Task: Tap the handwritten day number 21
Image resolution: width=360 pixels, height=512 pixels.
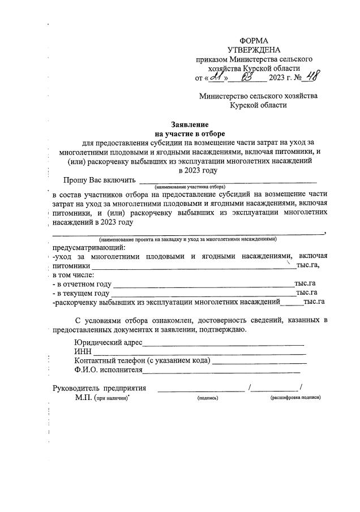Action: (216, 78)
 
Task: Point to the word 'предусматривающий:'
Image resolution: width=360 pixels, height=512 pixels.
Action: (89, 247)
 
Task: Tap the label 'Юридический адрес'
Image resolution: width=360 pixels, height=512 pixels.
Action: (108, 342)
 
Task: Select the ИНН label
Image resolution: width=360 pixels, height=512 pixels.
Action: (83, 352)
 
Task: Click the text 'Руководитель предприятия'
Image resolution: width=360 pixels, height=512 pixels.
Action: (100, 388)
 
